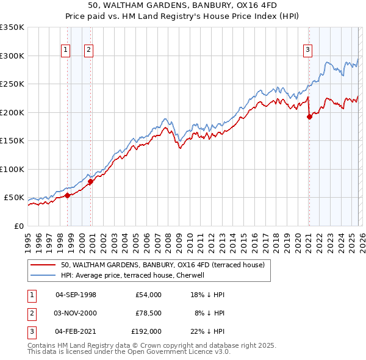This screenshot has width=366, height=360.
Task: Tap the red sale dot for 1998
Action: pos(67,195)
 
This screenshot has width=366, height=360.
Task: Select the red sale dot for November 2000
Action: pos(90,181)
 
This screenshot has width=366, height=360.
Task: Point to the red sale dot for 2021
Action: pos(309,117)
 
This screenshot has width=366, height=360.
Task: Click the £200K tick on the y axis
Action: pos(12,112)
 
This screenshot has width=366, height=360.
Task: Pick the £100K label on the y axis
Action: pos(12,169)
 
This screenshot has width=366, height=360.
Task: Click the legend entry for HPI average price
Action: pos(135,275)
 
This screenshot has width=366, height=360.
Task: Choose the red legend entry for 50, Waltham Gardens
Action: pos(162,265)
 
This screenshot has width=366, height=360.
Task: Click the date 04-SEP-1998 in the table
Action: pos(76,295)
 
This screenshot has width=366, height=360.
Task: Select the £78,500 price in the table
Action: pos(148,312)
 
